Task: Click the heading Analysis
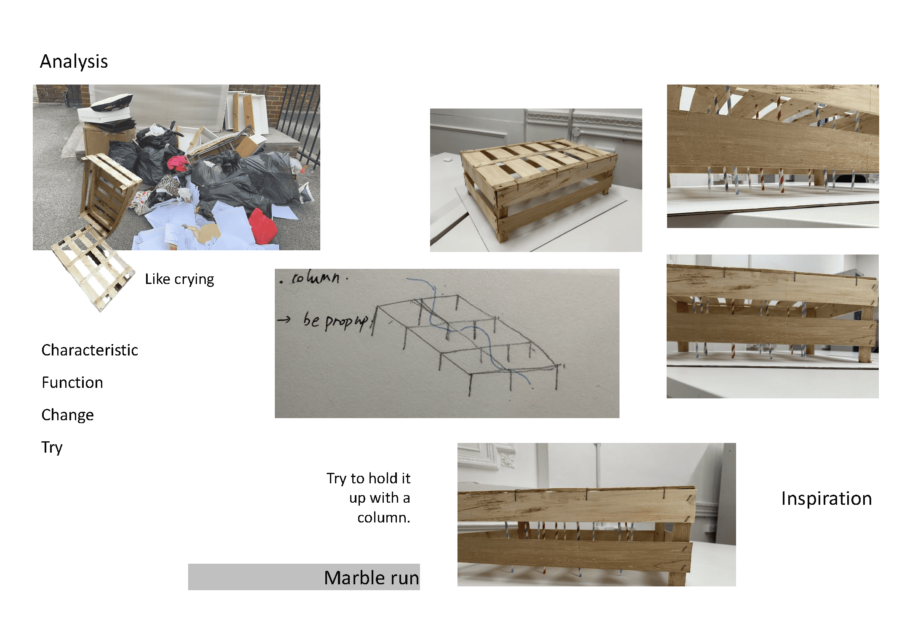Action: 74,61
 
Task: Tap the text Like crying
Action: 179,279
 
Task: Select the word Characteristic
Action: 90,350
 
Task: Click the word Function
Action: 72,382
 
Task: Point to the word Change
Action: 67,415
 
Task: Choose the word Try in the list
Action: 52,448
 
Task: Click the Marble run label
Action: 371,578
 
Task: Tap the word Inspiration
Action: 827,498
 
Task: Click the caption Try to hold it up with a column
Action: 369,498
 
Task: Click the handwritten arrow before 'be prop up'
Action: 284,320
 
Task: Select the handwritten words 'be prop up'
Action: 335,321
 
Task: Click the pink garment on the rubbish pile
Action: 178,164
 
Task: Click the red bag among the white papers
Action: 263,227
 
